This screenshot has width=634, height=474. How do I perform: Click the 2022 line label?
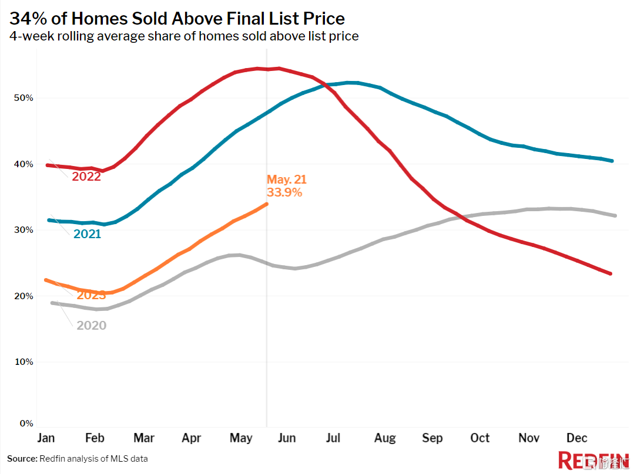tap(86, 176)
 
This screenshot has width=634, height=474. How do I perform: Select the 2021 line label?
tap(87, 234)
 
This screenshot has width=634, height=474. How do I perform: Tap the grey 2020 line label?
tap(91, 325)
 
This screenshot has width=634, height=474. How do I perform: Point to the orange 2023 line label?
tap(91, 295)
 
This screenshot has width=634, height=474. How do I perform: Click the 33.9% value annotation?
tap(284, 192)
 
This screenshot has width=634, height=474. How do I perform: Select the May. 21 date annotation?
tap(287, 180)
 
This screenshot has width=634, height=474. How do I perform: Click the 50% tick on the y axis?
tap(24, 98)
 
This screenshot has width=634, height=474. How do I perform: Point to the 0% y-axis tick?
tap(26, 423)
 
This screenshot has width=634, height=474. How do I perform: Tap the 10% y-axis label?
tap(24, 362)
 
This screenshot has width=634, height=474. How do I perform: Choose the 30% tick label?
tap(24, 230)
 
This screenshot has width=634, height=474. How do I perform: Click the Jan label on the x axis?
tap(46, 438)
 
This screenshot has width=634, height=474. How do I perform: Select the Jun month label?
tap(286, 438)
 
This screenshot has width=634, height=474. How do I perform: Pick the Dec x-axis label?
tap(576, 438)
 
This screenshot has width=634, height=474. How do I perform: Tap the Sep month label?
tap(432, 438)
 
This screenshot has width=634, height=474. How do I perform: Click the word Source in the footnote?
tap(21, 458)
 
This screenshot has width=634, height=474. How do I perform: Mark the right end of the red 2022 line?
tap(612, 274)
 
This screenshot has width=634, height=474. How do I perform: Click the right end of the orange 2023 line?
tap(267, 204)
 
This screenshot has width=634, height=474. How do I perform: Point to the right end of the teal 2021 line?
tap(612, 161)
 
